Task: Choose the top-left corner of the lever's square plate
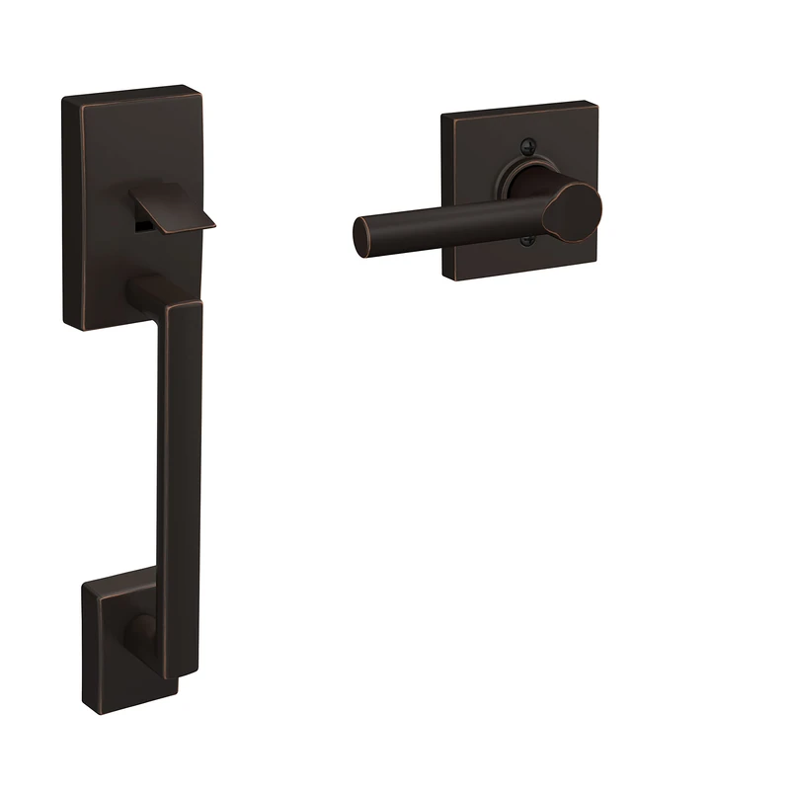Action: coord(443,119)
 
